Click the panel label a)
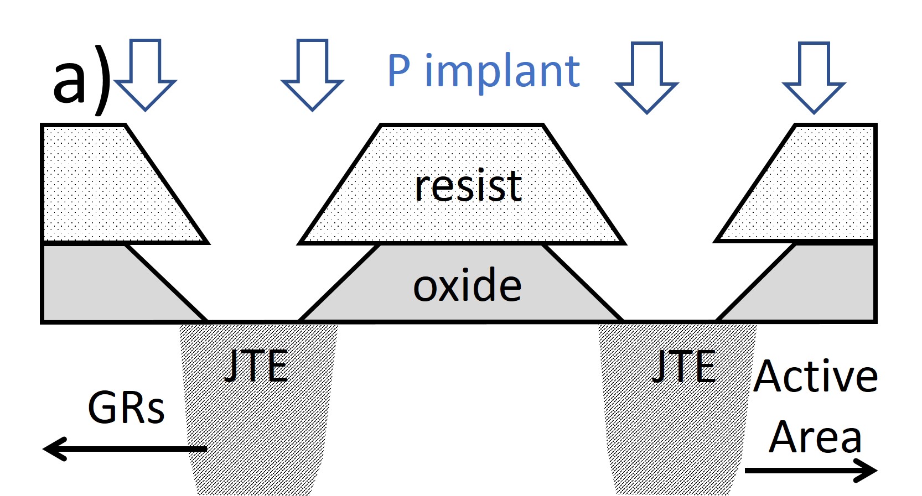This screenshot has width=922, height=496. point(82,80)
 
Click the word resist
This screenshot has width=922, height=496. point(468,186)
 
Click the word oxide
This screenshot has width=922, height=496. point(467,286)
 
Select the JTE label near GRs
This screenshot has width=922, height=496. point(256,366)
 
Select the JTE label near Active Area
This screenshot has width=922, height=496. point(685,366)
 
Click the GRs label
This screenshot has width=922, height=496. point(126,408)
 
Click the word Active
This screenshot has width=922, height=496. point(815,377)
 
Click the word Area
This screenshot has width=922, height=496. point(815,437)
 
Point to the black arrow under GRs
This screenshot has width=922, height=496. point(125,448)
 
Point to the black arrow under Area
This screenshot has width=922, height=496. point(811,471)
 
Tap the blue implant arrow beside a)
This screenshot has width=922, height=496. point(146,75)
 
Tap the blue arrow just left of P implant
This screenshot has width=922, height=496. point(312,75)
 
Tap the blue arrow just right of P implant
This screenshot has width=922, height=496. point(647,77)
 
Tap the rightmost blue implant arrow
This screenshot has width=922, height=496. point(814,77)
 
